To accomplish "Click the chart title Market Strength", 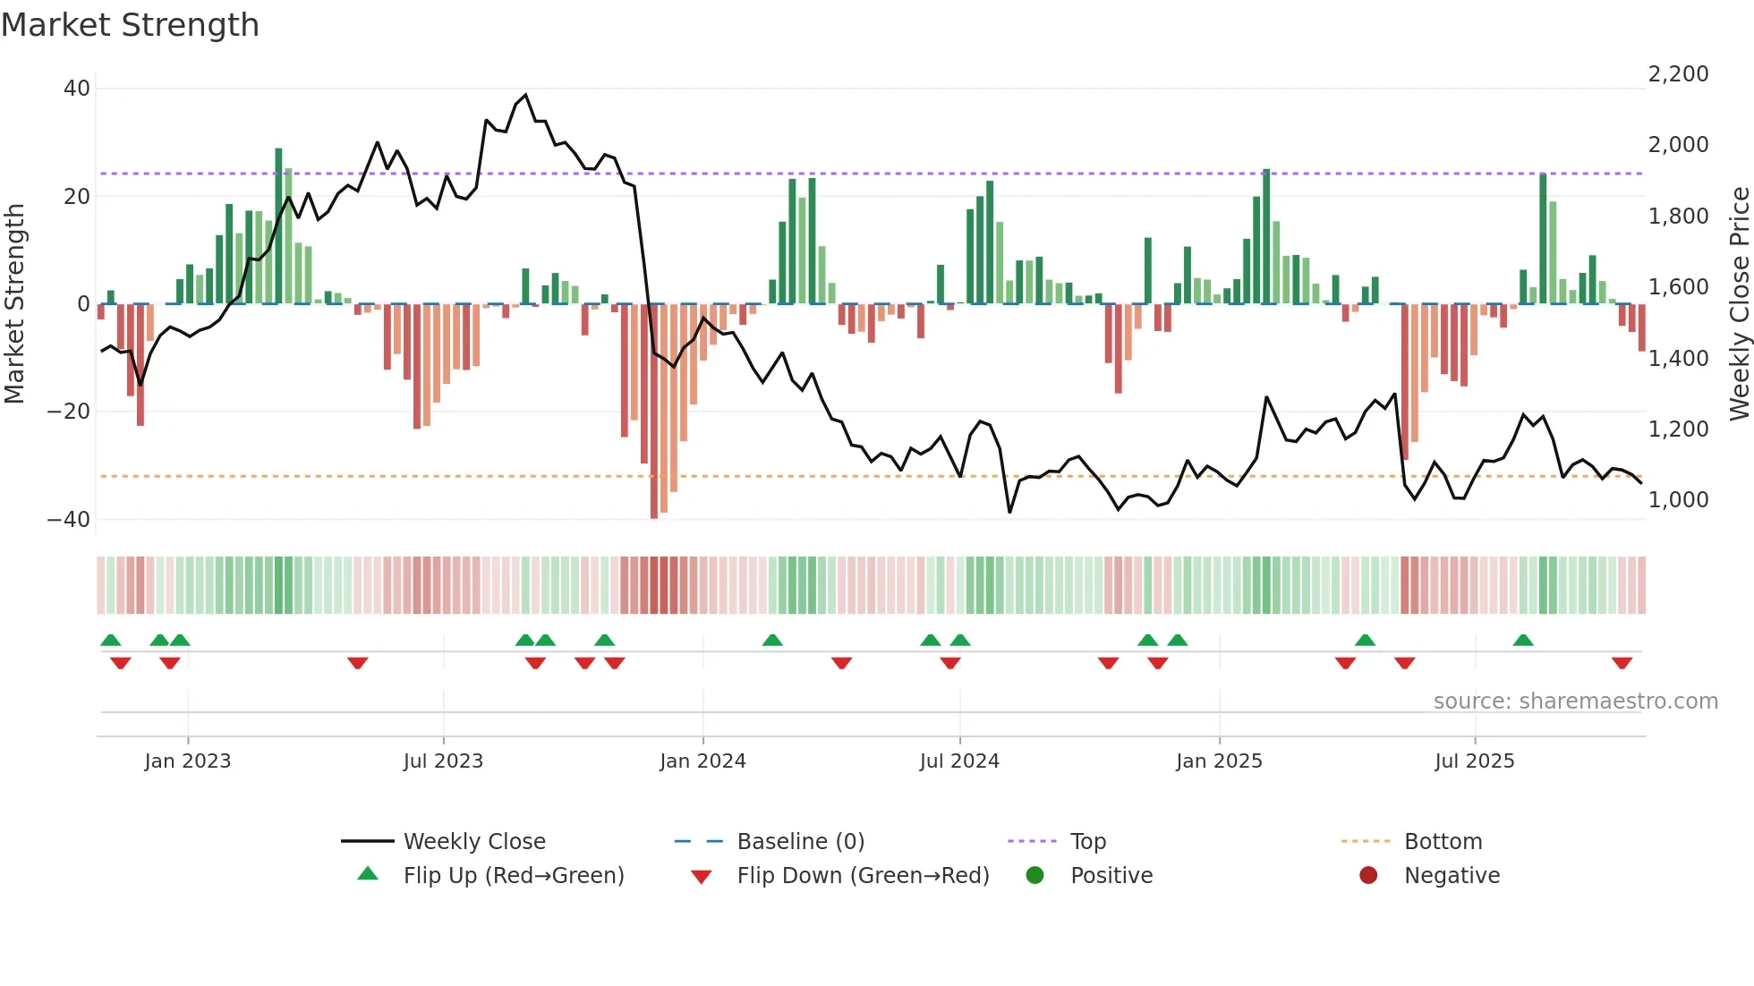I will tap(130, 25).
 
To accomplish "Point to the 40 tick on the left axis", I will tap(77, 89).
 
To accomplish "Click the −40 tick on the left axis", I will tap(69, 519).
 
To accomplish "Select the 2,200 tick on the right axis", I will tap(1678, 74).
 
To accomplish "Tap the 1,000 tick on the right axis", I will tap(1678, 500).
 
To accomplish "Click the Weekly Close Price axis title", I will tap(1739, 304).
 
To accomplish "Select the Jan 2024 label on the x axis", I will tap(702, 761).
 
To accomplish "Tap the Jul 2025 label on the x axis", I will tap(1474, 761).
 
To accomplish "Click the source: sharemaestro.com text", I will tap(1575, 701).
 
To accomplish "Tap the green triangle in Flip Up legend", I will tap(368, 874).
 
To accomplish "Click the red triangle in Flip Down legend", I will tap(702, 877).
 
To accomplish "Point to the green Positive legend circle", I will tap(1035, 875).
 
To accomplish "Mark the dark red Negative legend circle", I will tap(1368, 875).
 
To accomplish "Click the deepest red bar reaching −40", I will tap(654, 412).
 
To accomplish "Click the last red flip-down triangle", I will tap(1622, 663).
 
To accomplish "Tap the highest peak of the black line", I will tap(525, 95).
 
